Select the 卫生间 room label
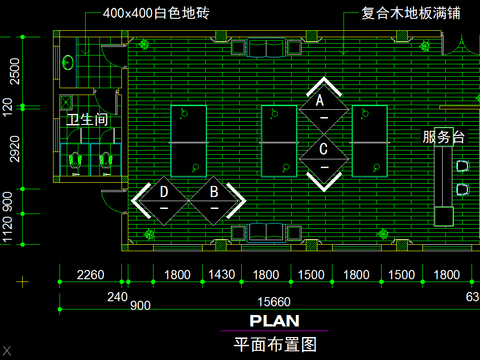87,121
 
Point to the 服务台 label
444,137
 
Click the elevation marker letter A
321,101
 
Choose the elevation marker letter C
324,149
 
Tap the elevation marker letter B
213,191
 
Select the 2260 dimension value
90,275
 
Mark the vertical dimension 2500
13,71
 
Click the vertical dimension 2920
13,151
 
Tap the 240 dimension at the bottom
117,296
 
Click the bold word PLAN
274,321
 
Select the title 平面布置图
274,344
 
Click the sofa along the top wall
266,50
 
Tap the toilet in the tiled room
68,62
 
